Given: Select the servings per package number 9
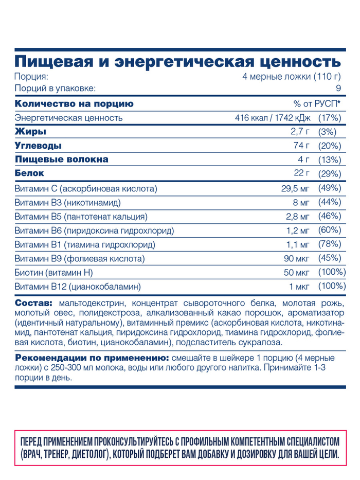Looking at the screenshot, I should click(338, 88).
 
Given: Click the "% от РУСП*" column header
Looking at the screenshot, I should click(317, 103).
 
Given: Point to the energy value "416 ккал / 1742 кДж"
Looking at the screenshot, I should click(273, 118).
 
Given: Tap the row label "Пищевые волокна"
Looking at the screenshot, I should click(62, 159).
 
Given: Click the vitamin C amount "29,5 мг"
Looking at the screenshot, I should click(295, 188).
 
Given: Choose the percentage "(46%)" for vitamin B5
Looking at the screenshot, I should click(330, 216).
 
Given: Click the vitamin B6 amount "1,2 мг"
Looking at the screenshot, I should click(298, 230).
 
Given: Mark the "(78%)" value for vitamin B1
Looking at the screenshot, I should click(330, 244).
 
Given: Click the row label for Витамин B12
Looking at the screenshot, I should click(78, 286).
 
